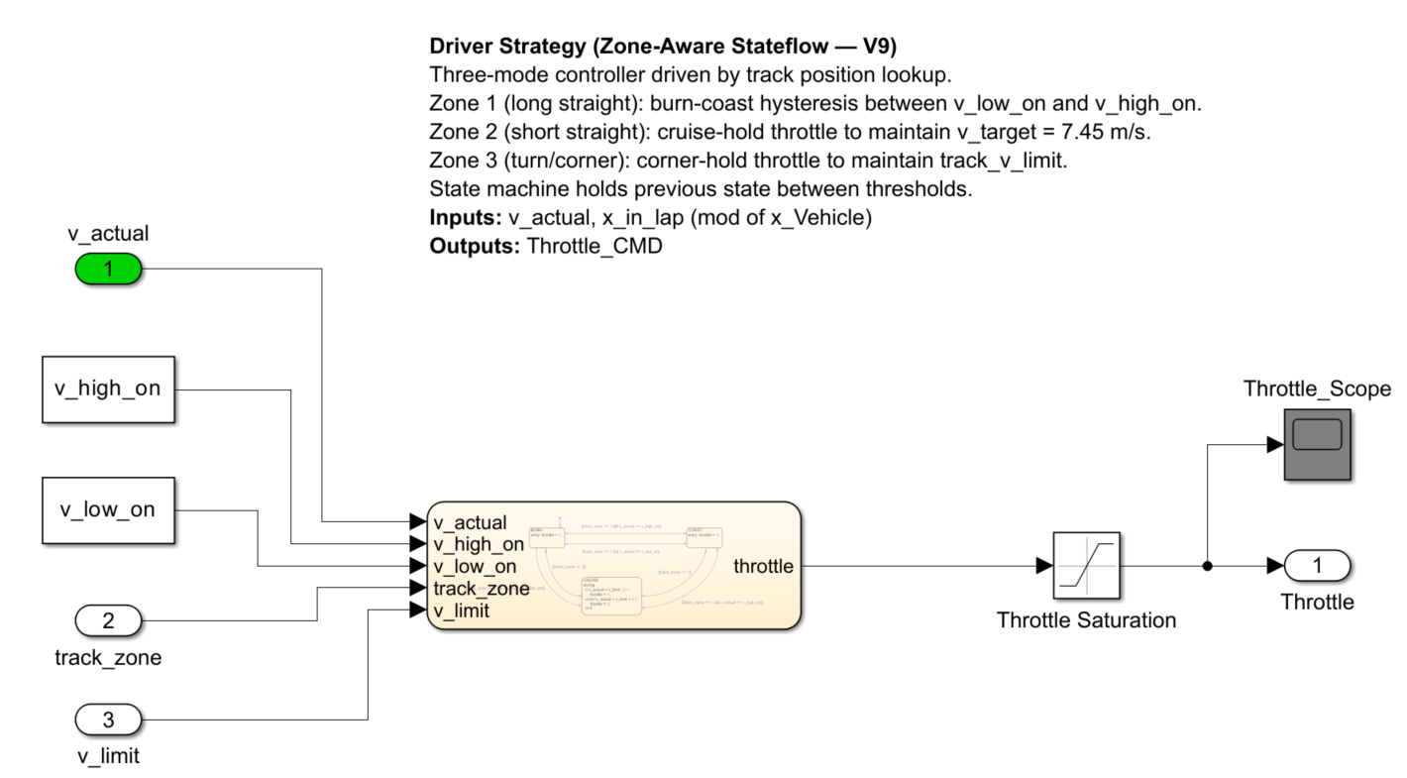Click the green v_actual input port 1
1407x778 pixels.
109,268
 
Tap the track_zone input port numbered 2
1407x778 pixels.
109,621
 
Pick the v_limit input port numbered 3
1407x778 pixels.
109,719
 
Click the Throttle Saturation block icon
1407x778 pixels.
1086,565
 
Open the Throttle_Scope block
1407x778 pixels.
1318,445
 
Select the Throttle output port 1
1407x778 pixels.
1317,565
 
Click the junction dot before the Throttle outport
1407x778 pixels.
1207,566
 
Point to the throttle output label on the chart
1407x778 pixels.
763,566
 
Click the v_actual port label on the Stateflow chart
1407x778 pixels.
470,522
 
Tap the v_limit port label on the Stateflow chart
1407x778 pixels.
461,611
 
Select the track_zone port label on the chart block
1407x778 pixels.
481,589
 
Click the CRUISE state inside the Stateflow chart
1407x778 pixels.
610,595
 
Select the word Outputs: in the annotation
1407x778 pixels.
475,247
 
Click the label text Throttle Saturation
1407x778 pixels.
1086,620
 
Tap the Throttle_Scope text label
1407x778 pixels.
1317,389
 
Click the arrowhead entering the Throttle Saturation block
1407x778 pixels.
1044,566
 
